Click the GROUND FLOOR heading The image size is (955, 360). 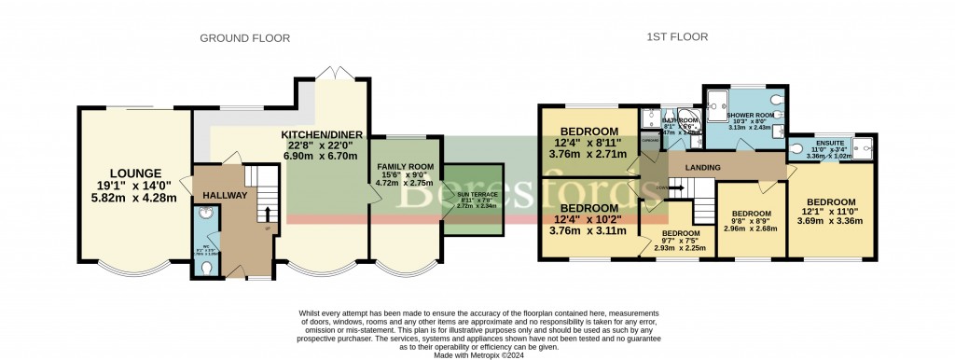pos(244,38)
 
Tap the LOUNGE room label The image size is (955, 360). pos(136,173)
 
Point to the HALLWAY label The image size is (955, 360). pos(224,196)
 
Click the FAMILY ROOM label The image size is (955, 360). pos(405,167)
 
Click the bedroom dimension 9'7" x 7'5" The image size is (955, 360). pos(680,242)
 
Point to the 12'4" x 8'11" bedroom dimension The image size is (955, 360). pos(588,143)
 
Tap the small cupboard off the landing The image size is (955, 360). pos(648,140)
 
